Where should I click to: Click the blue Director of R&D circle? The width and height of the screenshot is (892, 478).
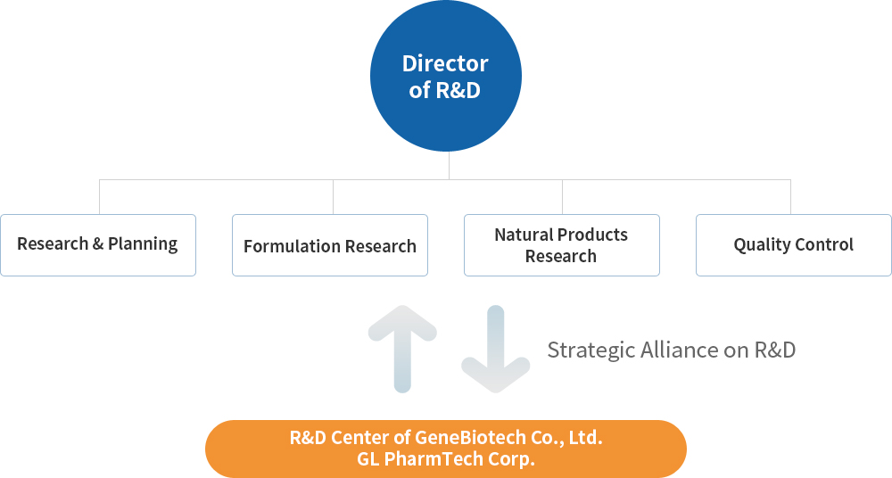tap(446, 76)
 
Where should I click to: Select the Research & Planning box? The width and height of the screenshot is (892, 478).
tap(98, 245)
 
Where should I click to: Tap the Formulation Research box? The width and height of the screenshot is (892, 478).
tap(330, 245)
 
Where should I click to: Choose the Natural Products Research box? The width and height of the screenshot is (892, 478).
tap(562, 245)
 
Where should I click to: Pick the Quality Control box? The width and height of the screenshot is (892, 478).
tap(794, 245)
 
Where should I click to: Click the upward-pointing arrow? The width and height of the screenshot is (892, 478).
tap(402, 349)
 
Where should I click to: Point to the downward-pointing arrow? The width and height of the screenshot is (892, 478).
tap(495, 349)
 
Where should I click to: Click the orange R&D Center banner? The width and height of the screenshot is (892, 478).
tap(446, 449)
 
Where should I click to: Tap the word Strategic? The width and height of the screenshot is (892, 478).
tap(591, 350)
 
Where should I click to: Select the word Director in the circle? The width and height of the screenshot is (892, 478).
tap(445, 63)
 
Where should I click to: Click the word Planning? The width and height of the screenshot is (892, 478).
tap(143, 244)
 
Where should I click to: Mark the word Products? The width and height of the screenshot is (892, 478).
tap(594, 235)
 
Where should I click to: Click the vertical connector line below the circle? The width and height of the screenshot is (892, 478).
tap(449, 166)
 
